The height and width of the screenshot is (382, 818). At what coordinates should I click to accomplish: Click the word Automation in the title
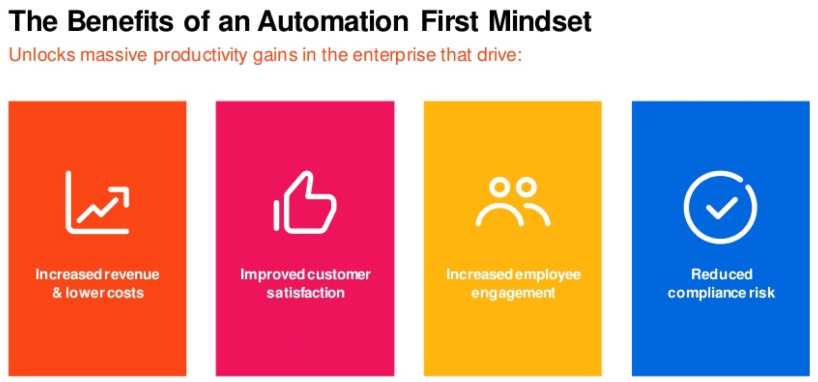pyautogui.click(x=333, y=21)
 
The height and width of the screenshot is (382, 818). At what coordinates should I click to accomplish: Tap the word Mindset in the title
pyautogui.click(x=540, y=21)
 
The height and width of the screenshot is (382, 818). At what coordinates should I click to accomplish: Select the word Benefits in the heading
pyautogui.click(x=120, y=21)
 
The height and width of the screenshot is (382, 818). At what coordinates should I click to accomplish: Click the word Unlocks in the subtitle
pyautogui.click(x=42, y=55)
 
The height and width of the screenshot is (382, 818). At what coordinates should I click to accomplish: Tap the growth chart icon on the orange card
pyautogui.click(x=98, y=202)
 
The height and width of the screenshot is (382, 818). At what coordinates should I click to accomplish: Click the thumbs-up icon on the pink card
pyautogui.click(x=305, y=202)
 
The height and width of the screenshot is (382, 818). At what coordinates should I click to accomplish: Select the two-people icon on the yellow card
pyautogui.click(x=513, y=202)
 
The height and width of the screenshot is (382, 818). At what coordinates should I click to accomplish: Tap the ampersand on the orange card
pyautogui.click(x=57, y=293)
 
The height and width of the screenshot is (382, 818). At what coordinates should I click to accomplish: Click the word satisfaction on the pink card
pyautogui.click(x=306, y=293)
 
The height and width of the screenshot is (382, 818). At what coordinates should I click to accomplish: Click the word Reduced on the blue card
pyautogui.click(x=722, y=274)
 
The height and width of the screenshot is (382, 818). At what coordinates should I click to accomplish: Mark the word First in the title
pyautogui.click(x=449, y=21)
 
